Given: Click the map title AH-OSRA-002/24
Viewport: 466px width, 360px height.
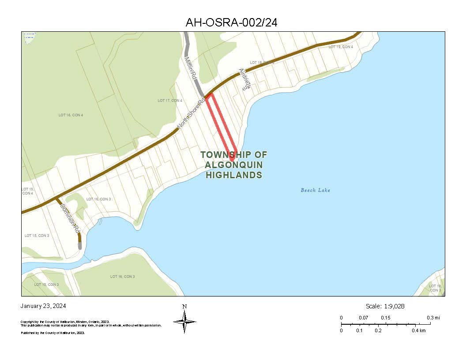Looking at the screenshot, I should pos(232,22).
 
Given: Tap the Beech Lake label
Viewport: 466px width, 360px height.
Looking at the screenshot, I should pos(315,190).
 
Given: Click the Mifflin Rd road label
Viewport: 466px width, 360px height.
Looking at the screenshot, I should pos(190,68).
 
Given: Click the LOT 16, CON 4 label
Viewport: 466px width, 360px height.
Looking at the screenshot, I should pos(71,115).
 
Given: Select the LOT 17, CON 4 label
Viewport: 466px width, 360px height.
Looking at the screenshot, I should pos(170,101).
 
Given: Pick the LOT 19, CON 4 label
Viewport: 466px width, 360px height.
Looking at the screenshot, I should pos(341,47).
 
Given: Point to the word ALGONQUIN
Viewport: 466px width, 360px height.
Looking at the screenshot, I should pos(234,165).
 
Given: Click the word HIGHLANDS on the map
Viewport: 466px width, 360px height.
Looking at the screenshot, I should pos(234,175).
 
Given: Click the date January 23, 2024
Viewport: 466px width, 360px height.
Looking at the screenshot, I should pos(43,306).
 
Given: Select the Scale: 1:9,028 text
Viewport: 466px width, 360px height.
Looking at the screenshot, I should pos(385,306).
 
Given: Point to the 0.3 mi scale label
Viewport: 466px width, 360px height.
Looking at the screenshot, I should pos(433,318).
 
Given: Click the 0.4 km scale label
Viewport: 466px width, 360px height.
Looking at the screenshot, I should pos(419,330).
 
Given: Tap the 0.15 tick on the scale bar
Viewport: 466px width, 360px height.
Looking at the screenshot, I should pos(385,318).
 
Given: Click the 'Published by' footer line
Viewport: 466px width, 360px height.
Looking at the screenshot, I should pos(53,333).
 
